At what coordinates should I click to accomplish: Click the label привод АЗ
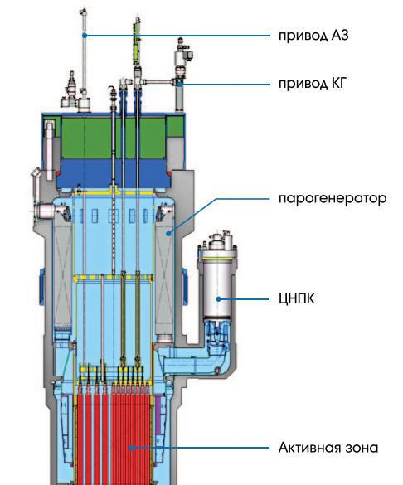(313, 36)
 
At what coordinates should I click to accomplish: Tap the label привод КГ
(312, 84)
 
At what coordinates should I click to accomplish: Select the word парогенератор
(333, 198)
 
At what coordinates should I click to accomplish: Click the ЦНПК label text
(297, 299)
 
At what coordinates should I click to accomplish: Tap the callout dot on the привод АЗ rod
(85, 36)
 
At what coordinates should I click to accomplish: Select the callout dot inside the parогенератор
(168, 234)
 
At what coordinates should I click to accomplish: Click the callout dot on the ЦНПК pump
(219, 299)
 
